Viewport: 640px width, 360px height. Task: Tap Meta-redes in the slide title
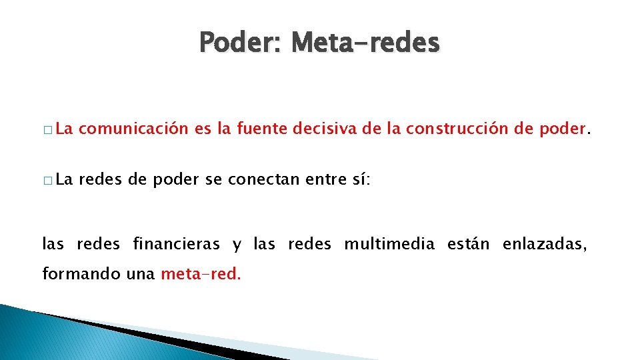[365, 43]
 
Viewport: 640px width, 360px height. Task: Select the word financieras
[176, 245]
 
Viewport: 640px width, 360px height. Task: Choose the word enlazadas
[545, 245]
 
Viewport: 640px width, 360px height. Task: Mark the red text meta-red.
[201, 274]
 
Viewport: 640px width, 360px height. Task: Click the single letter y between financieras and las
[237, 246]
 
